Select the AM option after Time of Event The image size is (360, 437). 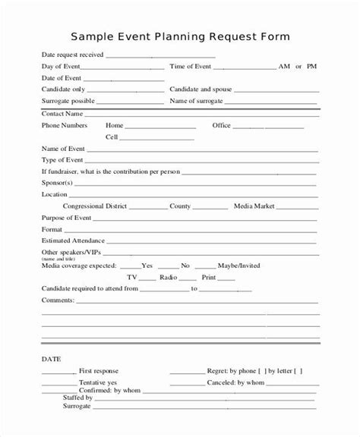pyautogui.click(x=285, y=67)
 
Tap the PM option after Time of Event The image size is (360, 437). pyautogui.click(x=311, y=67)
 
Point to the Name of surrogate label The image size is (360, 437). pyautogui.click(x=196, y=100)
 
